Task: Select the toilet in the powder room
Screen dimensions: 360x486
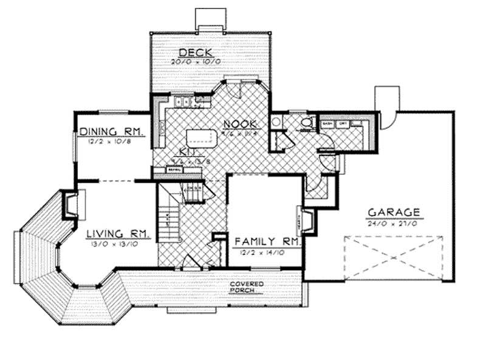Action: click(x=306, y=124)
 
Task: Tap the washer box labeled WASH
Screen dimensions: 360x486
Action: click(x=327, y=124)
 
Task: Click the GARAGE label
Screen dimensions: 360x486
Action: click(x=393, y=212)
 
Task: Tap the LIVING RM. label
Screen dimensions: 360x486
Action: click(x=114, y=233)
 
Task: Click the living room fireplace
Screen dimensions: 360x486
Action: click(x=70, y=205)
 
